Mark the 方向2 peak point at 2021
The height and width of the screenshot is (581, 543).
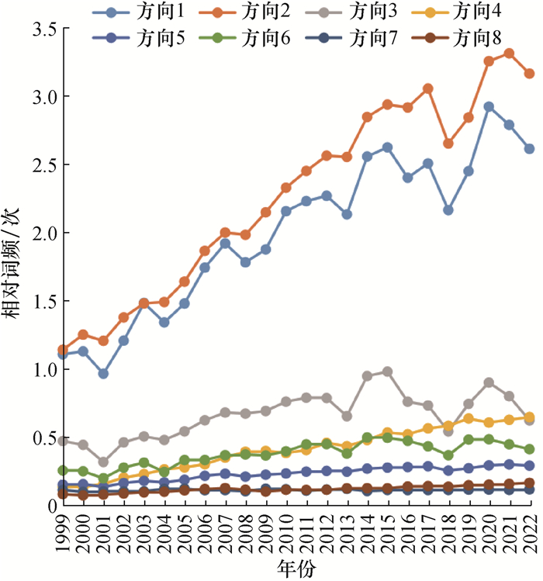[509, 54]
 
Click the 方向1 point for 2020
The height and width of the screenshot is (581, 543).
[489, 107]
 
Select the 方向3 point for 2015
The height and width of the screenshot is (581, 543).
[388, 372]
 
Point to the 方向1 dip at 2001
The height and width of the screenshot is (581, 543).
[104, 374]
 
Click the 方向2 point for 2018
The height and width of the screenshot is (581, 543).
[448, 144]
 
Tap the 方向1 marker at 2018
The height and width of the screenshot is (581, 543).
[448, 210]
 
